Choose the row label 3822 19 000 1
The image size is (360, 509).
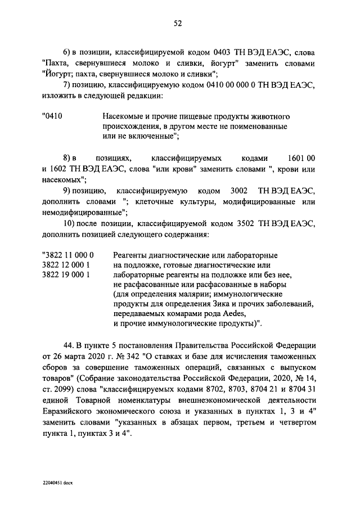pyautogui.click(x=66, y=275)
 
